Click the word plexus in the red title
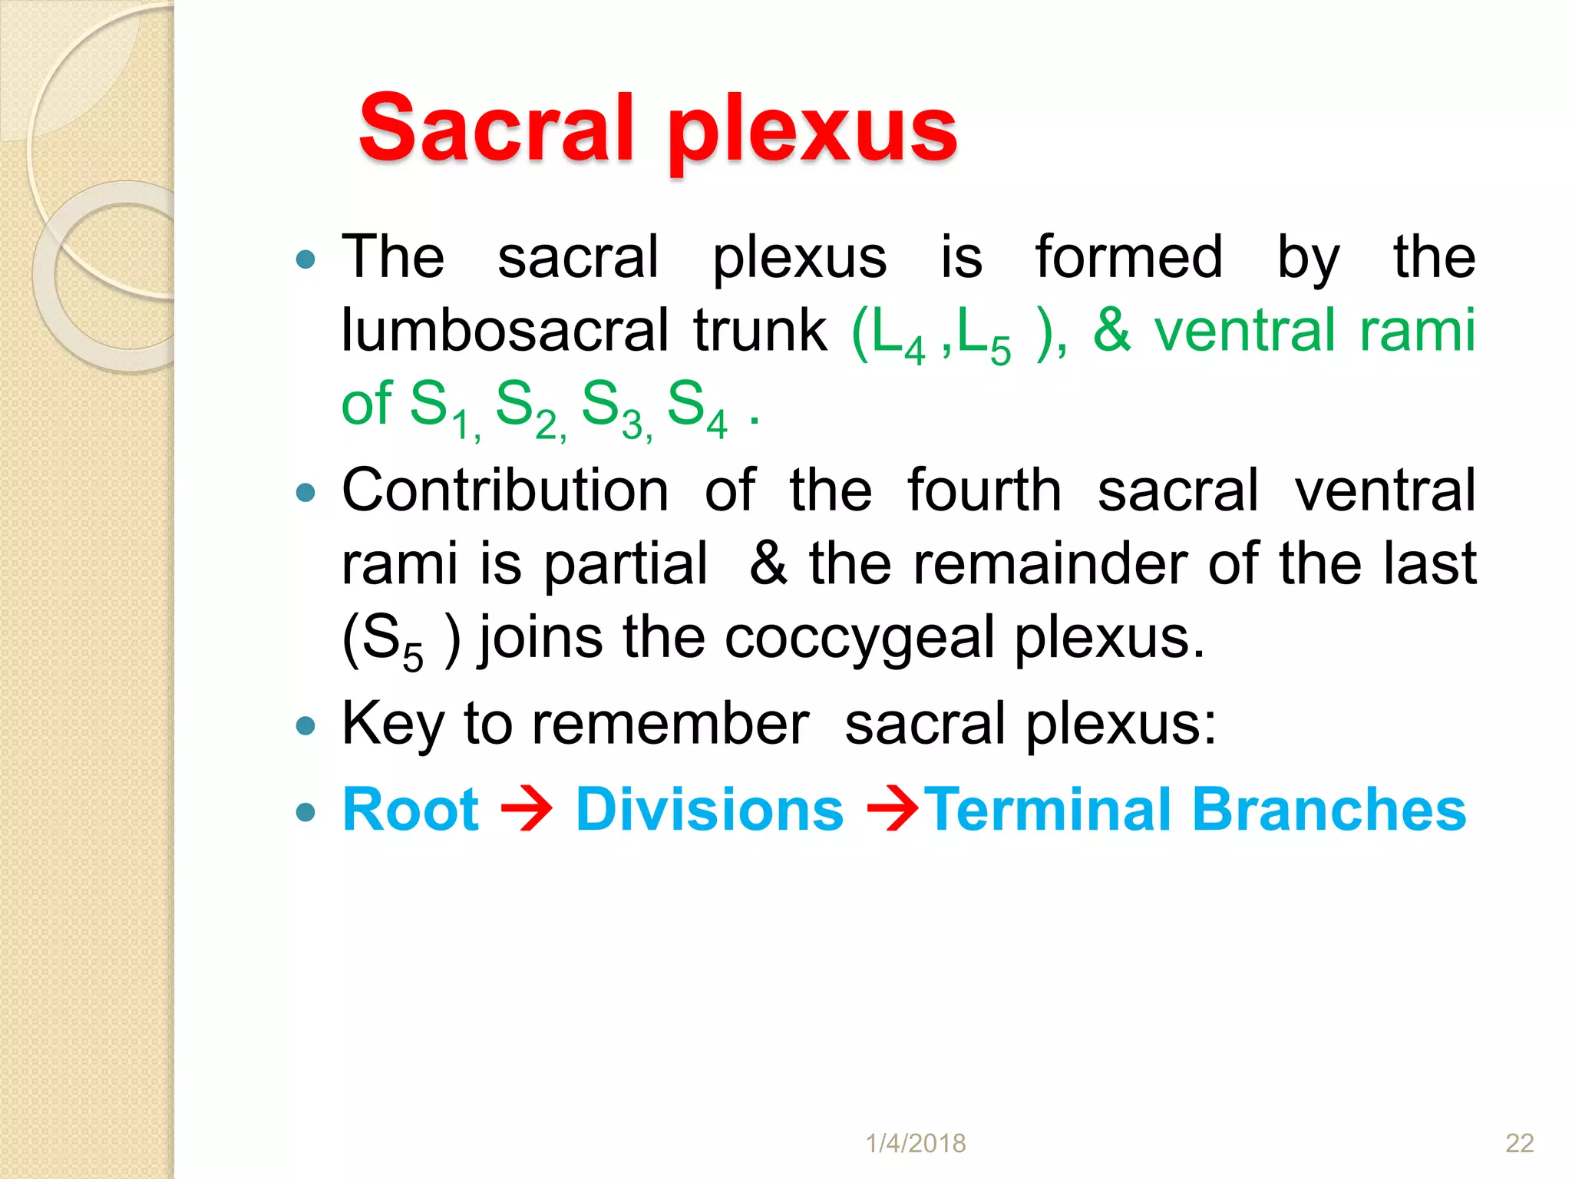(812, 130)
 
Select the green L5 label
(984, 336)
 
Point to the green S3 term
(614, 408)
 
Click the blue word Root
(411, 810)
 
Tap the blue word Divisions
(709, 810)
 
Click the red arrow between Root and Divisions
(527, 811)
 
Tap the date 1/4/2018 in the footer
(916, 1143)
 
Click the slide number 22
(1519, 1143)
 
